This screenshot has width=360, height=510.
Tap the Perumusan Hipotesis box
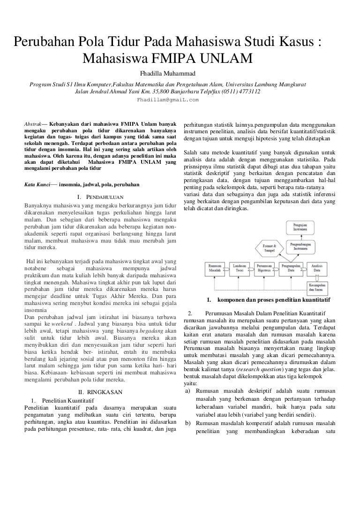pos(266,268)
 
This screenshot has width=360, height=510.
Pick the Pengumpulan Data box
pos(291,268)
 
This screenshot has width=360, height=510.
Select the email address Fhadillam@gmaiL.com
pos(167,100)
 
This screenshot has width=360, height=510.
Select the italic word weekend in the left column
pos(62,324)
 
